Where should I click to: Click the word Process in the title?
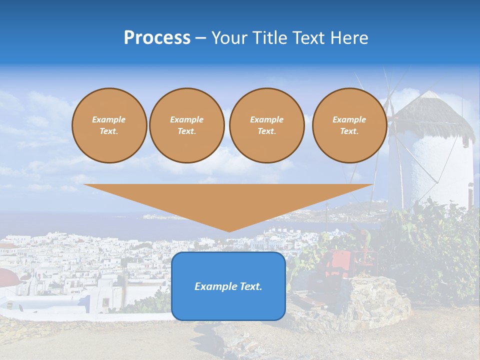point(157,38)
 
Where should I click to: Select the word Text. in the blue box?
point(250,286)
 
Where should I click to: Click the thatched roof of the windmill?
point(435,112)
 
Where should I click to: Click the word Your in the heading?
point(231,38)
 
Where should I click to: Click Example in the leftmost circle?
point(109,119)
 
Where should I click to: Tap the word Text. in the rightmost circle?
point(349,131)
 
